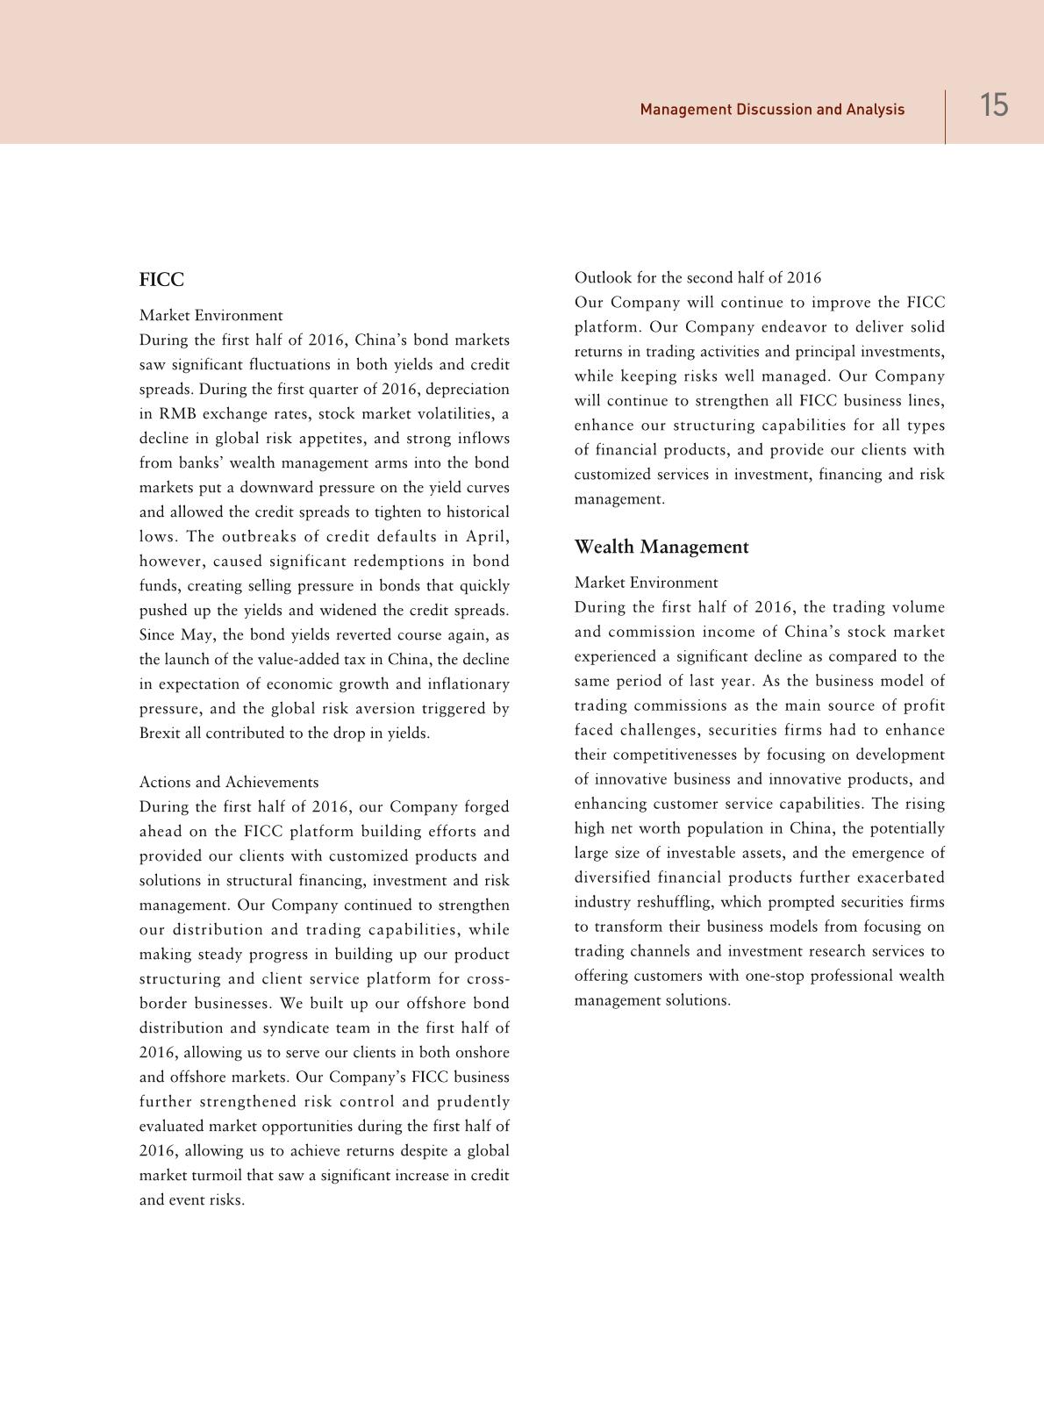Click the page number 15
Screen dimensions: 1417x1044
tap(994, 106)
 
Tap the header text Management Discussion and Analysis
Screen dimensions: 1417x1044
tap(772, 110)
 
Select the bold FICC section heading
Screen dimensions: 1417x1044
tap(161, 280)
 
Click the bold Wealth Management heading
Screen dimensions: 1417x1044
tap(661, 547)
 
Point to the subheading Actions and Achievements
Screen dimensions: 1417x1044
tap(229, 782)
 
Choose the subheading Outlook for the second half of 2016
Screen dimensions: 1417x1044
tap(697, 277)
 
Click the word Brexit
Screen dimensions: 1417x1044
tap(160, 733)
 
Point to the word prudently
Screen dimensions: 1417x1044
tap(473, 1101)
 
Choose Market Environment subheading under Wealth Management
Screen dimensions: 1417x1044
tap(646, 582)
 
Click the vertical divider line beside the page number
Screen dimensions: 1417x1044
tap(945, 116)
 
